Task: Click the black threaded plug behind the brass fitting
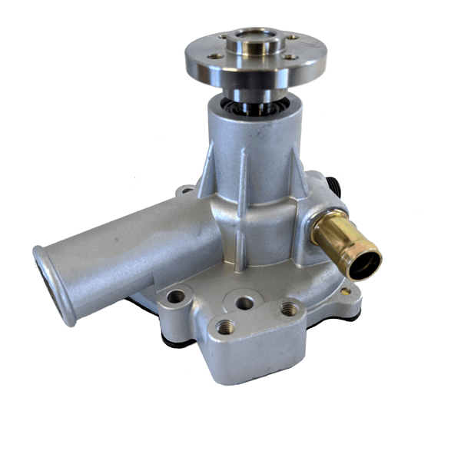coord(332,187)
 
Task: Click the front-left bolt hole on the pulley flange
coord(217,55)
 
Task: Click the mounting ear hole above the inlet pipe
coord(185,190)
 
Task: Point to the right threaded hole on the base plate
coord(289,309)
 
